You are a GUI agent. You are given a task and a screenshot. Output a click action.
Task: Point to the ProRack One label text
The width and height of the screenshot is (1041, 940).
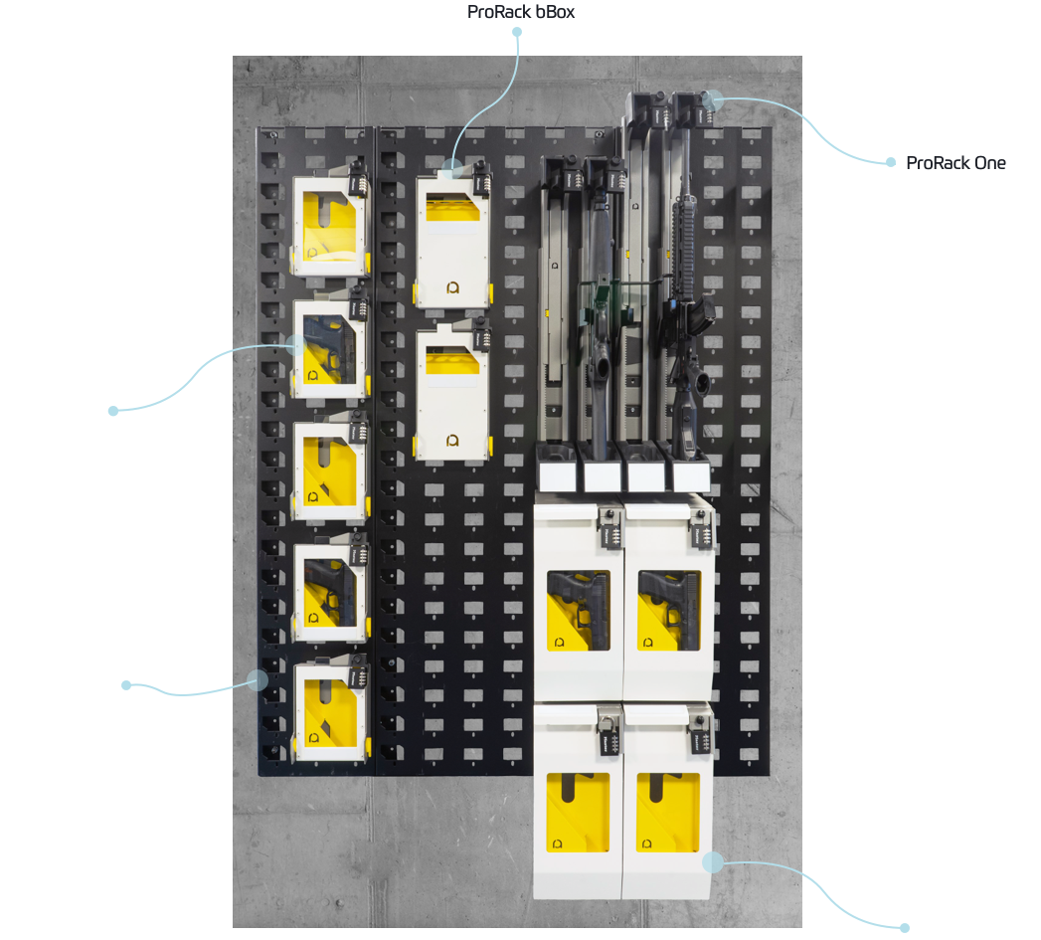pos(955,163)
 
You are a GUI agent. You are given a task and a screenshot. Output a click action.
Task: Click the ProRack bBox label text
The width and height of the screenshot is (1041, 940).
pos(521,12)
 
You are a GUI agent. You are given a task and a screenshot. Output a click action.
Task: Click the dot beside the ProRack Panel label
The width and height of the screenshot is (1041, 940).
pos(126,684)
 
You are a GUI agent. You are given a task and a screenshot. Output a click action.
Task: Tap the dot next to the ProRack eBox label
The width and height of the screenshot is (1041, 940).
pos(905,928)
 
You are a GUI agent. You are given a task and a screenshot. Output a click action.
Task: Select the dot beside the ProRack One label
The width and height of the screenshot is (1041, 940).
pos(891,162)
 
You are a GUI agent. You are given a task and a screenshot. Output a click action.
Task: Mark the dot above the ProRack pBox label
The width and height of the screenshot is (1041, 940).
pos(113,410)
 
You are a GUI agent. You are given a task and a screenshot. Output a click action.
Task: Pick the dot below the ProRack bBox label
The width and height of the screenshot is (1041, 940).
pos(517,32)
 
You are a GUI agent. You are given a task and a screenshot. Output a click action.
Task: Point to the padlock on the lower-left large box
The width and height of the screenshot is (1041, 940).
pos(606,736)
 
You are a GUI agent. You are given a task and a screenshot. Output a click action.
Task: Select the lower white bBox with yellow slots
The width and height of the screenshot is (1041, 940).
pos(453,393)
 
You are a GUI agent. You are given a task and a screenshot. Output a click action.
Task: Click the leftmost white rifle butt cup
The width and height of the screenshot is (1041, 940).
pos(557,471)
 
